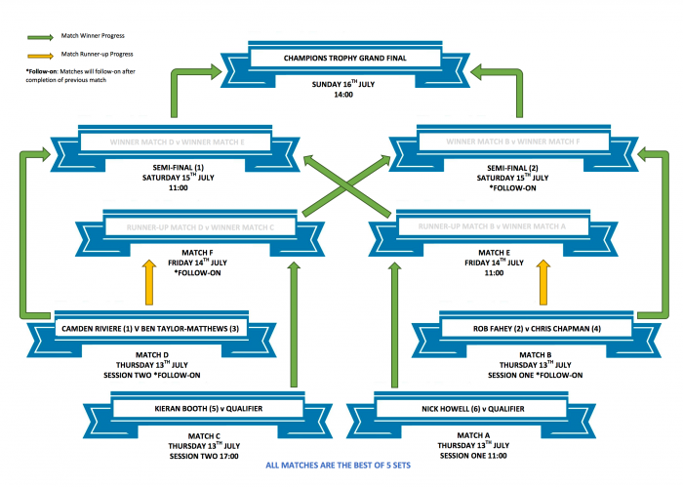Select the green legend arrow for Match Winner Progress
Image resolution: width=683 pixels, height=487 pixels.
pyautogui.click(x=39, y=36)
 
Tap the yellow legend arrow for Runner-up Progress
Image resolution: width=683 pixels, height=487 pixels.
pyautogui.click(x=39, y=54)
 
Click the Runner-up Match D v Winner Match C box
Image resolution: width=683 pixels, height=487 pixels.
pyautogui.click(x=195, y=227)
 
